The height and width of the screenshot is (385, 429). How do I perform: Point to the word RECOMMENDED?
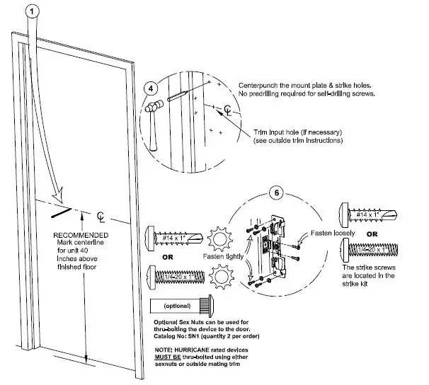coord(81,234)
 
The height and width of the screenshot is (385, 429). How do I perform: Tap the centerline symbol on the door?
coord(101,215)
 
